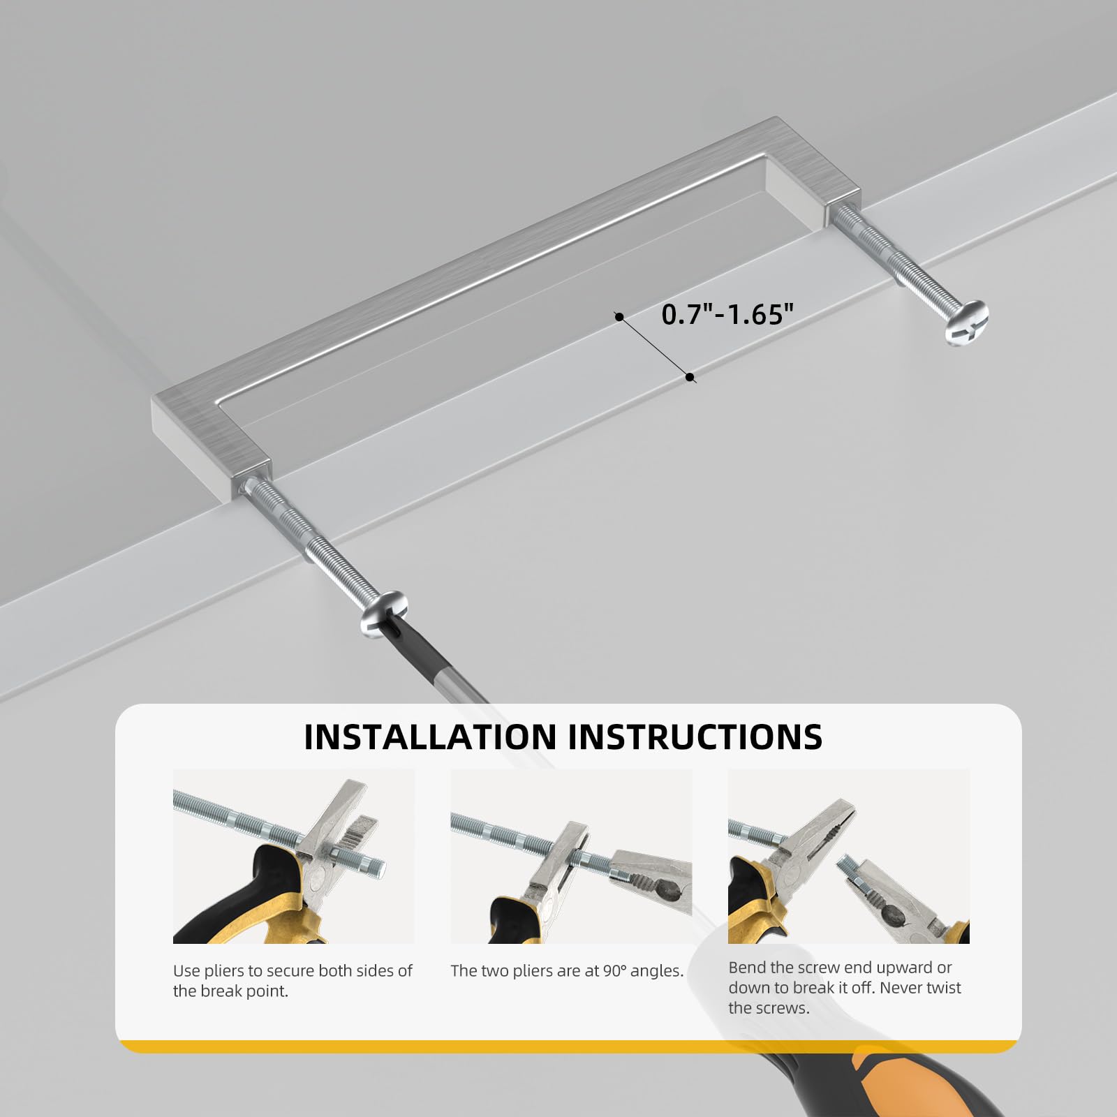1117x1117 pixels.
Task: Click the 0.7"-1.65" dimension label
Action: [728, 315]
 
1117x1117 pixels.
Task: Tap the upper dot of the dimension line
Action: [619, 317]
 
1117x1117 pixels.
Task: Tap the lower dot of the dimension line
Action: [690, 377]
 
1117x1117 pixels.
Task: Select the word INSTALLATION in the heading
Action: [430, 737]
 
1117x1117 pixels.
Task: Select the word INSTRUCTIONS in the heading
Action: [696, 737]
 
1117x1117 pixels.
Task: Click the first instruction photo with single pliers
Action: [294, 856]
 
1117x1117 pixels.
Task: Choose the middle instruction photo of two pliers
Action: [571, 856]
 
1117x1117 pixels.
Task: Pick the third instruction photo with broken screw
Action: [849, 856]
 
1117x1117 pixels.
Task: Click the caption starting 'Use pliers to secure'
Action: [293, 981]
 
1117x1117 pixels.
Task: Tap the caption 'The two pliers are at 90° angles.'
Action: [567, 971]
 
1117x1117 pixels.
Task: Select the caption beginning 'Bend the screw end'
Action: [845, 988]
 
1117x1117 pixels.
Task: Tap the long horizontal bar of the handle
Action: [489, 265]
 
